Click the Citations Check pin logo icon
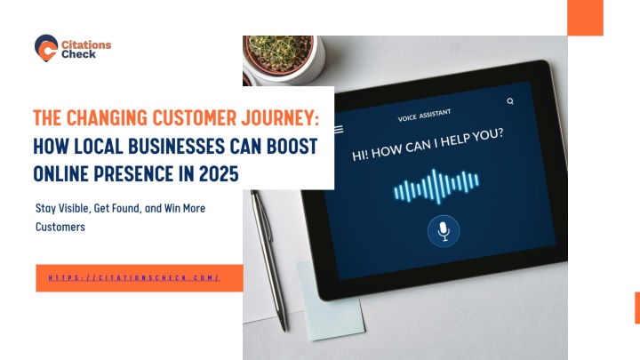[x=46, y=48]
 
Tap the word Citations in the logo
[x=86, y=44]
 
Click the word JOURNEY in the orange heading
[x=280, y=117]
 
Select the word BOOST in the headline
[x=292, y=146]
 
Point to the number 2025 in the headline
[x=219, y=174]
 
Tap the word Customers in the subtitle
[x=60, y=227]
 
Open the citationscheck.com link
[x=134, y=278]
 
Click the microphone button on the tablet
[x=444, y=231]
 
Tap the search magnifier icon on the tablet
[x=510, y=101]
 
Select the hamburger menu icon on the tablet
[x=339, y=130]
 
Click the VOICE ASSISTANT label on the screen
[x=425, y=115]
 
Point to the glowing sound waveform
[x=436, y=186]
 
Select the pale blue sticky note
[x=331, y=300]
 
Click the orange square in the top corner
[x=585, y=18]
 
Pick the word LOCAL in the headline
[x=99, y=146]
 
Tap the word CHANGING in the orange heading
[x=107, y=117]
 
